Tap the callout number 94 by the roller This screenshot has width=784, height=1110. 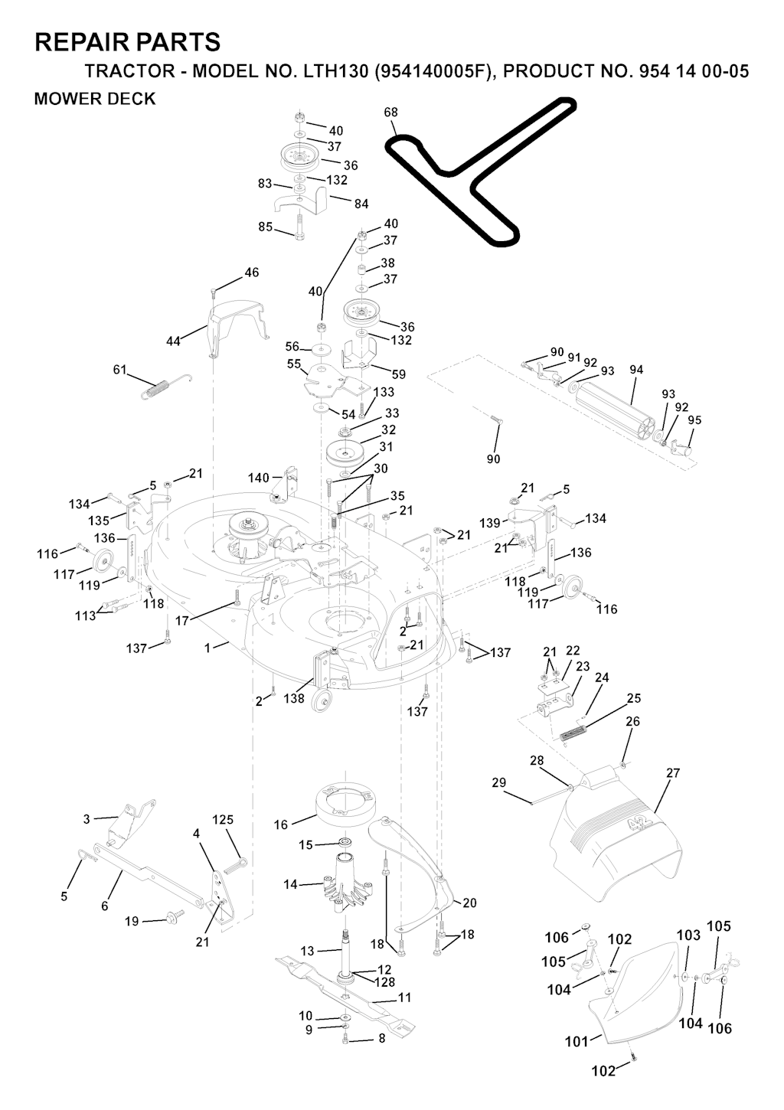click(636, 370)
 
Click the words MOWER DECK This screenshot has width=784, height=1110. click(95, 99)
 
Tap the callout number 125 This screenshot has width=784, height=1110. click(223, 820)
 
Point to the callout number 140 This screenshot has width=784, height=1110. click(259, 478)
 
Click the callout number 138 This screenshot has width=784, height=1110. click(294, 698)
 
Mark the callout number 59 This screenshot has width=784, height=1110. click(398, 374)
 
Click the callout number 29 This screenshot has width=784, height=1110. click(499, 782)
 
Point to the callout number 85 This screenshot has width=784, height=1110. click(265, 227)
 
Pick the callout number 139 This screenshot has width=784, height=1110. click(490, 523)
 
